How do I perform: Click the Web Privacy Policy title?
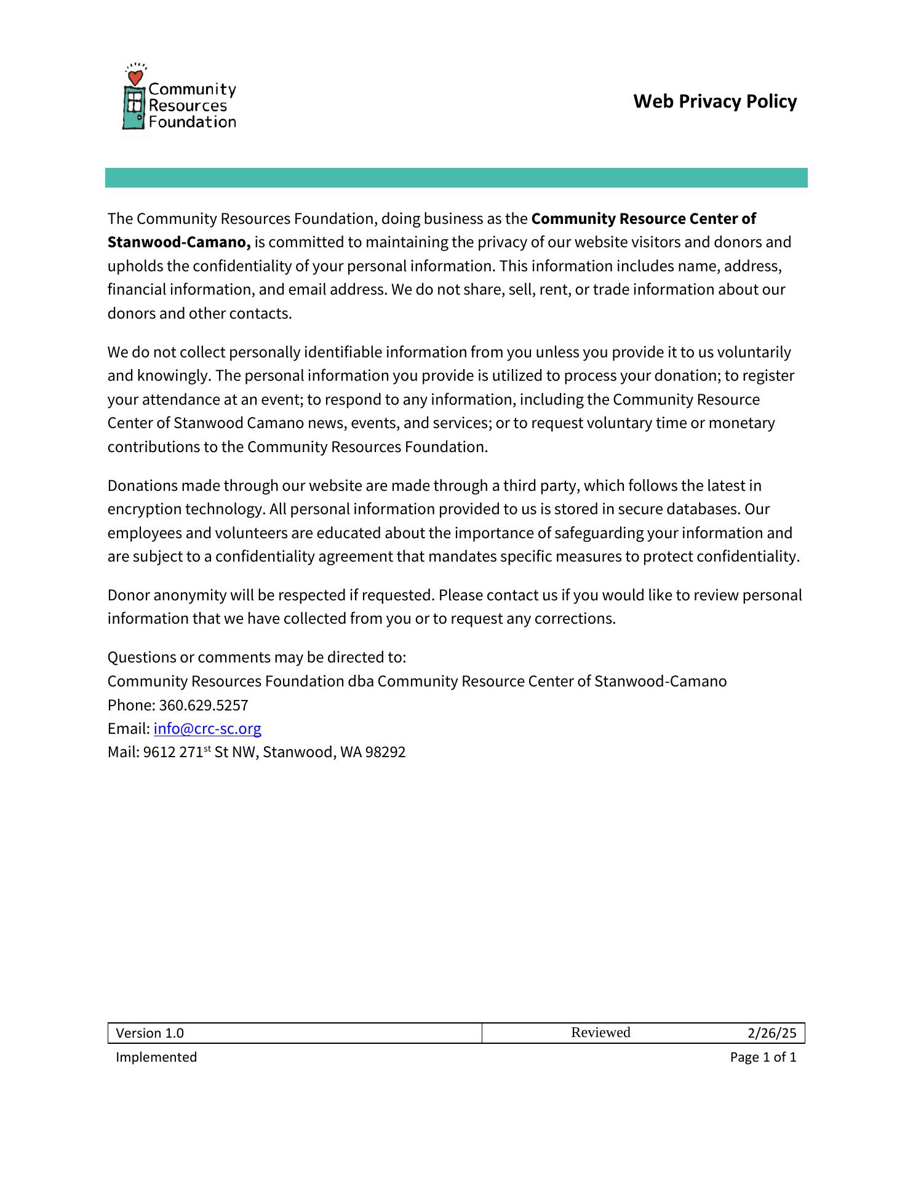point(714,101)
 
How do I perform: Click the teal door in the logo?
point(134,108)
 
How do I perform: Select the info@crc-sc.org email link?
point(207,729)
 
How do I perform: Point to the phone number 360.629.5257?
point(204,706)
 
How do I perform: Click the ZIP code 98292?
point(385,752)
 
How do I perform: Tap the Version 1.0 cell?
point(150,1033)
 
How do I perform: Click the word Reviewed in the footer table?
point(600,1033)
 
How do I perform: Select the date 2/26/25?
point(771,1033)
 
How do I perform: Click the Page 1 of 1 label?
point(763,1057)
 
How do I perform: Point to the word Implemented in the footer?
point(156,1057)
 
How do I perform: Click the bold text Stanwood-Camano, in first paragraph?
point(179,242)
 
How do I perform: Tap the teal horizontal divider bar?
point(456,178)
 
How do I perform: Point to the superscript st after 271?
point(207,749)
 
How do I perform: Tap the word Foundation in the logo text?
point(192,122)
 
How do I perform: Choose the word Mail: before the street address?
point(123,752)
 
